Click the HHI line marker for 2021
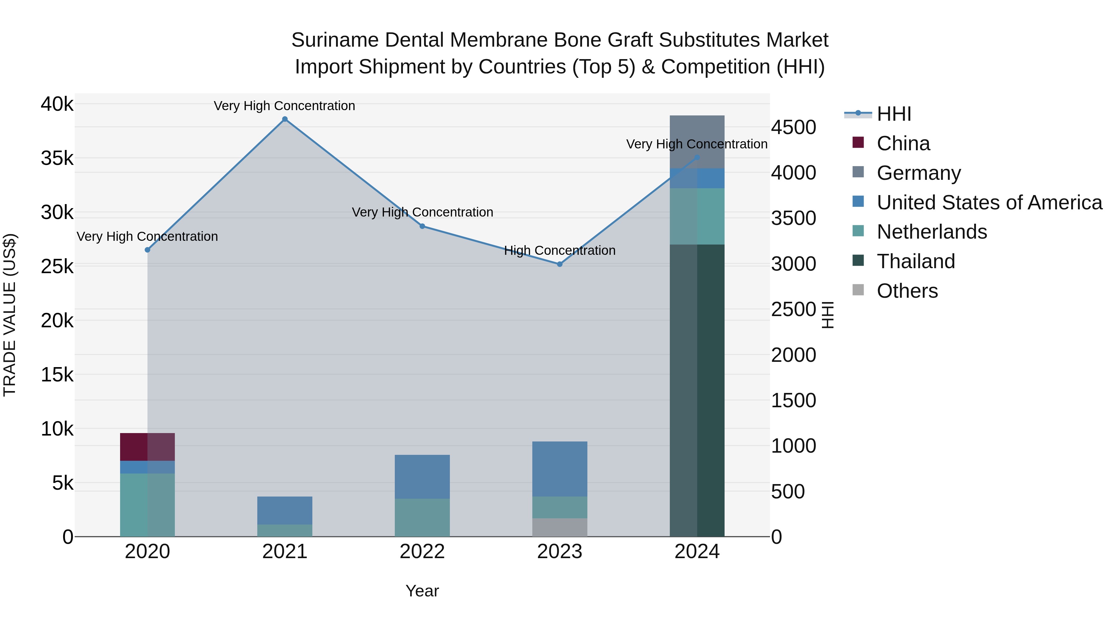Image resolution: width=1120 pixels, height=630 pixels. [x=285, y=119]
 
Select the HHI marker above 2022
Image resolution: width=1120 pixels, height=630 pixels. [x=422, y=226]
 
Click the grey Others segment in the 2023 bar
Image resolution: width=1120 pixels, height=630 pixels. [x=560, y=527]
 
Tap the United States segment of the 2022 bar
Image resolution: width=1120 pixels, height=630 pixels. [x=422, y=477]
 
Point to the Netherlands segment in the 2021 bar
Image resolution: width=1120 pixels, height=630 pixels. [x=285, y=530]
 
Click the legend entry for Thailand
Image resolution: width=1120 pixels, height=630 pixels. [x=916, y=261]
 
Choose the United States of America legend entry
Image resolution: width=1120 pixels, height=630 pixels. [x=989, y=203]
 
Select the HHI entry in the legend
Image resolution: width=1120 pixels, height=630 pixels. [x=894, y=114]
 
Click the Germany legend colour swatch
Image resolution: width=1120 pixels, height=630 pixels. [x=858, y=172]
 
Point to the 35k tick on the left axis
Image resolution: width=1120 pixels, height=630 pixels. [x=57, y=158]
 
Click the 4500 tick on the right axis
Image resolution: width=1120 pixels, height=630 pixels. [x=793, y=127]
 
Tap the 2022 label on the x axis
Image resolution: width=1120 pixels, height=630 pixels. [x=422, y=552]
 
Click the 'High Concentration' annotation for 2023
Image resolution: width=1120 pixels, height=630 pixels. [x=560, y=250]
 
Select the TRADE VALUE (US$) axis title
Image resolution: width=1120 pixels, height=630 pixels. [x=10, y=315]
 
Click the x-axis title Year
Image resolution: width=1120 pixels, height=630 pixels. [x=422, y=591]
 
